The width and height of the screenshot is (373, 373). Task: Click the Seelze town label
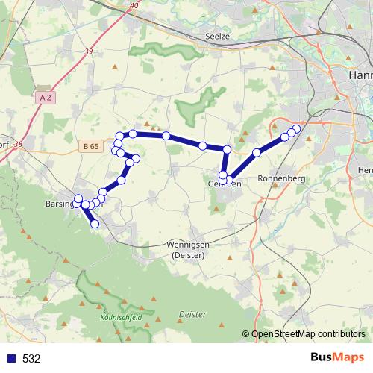point(216,36)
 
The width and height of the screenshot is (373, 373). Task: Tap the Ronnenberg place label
point(278,179)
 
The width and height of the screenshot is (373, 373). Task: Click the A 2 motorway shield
point(45,98)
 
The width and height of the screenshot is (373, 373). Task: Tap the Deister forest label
point(192,315)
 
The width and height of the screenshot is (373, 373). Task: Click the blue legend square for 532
point(11,358)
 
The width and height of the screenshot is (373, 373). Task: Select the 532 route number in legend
point(31,358)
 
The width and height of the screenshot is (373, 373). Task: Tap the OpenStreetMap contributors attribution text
point(307,335)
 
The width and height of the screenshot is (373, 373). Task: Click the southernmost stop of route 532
point(95,224)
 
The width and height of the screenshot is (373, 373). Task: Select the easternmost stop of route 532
point(297,128)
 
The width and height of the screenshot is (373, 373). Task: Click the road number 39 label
point(90,51)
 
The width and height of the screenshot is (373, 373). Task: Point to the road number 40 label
point(134,6)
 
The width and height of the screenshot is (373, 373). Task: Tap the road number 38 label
point(18,144)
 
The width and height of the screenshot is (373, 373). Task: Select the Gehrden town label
point(224,184)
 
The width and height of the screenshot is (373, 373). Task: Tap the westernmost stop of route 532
point(78,198)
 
